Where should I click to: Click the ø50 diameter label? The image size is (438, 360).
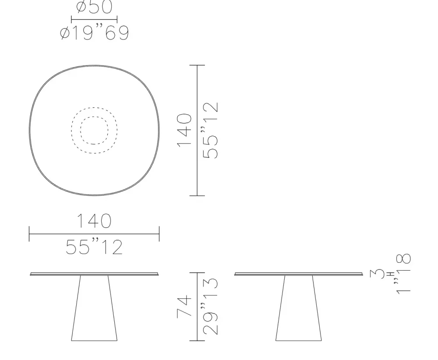pyautogui.click(x=94, y=7)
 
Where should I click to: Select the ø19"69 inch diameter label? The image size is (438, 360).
pyautogui.click(x=94, y=33)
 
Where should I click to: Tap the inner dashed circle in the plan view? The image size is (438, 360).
pyautogui.click(x=94, y=130)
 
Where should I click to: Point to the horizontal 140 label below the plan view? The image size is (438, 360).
pyautogui.click(x=94, y=221)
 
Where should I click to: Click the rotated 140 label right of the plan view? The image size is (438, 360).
pyautogui.click(x=185, y=130)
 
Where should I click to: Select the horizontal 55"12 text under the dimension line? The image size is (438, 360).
pyautogui.click(x=94, y=247)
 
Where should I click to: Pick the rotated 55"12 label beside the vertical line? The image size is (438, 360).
pyautogui.click(x=212, y=130)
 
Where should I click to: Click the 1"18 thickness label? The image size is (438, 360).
pyautogui.click(x=403, y=274)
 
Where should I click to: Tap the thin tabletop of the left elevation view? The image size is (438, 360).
pyautogui.click(x=94, y=274)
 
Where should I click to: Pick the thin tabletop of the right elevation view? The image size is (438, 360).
pyautogui.click(x=299, y=274)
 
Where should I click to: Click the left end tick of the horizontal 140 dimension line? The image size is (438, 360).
pyautogui.click(x=29, y=234)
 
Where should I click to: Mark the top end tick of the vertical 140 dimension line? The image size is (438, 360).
pyautogui.click(x=197, y=65)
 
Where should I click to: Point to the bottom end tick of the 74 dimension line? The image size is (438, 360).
pyautogui.click(x=197, y=340)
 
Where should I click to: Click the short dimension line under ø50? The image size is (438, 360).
pyautogui.click(x=94, y=19)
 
